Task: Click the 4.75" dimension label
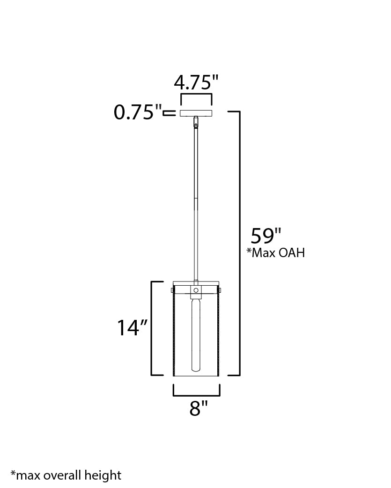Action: (196, 82)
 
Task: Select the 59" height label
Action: (266, 236)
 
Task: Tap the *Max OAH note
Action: (276, 253)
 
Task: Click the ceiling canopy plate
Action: (196, 113)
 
